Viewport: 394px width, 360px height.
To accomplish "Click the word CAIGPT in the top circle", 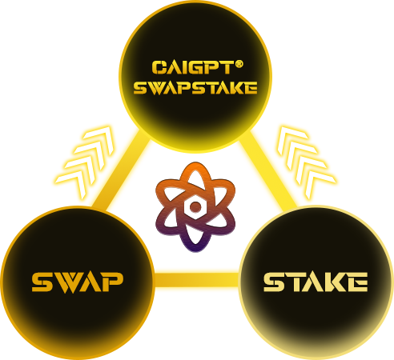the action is click(192, 67).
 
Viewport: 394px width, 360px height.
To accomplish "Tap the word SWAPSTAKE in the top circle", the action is click(195, 88).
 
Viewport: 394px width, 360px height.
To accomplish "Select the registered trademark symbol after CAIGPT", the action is click(239, 64).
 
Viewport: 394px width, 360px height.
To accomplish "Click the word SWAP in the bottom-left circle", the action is click(78, 282).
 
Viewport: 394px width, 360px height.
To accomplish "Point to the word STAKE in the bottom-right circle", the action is click(316, 282).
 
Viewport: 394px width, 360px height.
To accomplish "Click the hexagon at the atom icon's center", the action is click(195, 206).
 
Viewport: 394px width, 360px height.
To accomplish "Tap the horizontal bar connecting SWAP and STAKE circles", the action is click(197, 280).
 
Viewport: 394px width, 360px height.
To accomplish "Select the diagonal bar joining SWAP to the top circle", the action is click(120, 170).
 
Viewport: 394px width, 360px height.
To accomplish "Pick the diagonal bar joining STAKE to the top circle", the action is click(268, 170).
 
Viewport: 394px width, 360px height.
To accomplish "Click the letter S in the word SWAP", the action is click(42, 282).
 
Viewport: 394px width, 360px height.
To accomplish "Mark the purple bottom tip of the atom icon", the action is click(195, 249).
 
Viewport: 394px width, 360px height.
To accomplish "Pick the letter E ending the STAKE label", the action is click(358, 282).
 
